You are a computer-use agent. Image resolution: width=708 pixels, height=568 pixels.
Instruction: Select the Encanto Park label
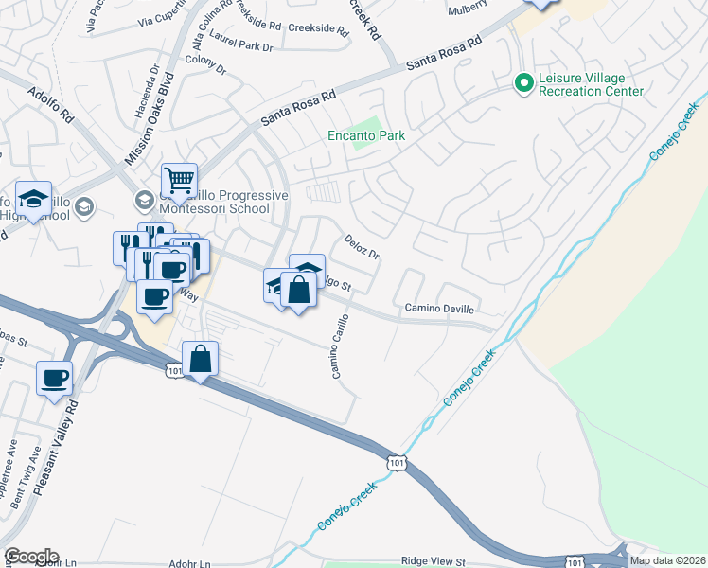[366, 136]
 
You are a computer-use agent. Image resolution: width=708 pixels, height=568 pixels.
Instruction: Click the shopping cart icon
[178, 179]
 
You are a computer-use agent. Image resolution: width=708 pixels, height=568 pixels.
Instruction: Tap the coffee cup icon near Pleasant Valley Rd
[54, 378]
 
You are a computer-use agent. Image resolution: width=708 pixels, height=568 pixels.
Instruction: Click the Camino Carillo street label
[339, 346]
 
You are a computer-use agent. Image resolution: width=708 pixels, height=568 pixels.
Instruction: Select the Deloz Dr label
[361, 248]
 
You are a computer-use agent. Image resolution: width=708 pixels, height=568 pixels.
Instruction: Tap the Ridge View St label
[434, 562]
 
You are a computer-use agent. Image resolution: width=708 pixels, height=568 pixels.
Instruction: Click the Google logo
[31, 556]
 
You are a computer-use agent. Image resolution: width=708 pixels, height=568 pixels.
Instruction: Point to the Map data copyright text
[667, 560]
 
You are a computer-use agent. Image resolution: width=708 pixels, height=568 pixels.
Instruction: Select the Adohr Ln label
[191, 563]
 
